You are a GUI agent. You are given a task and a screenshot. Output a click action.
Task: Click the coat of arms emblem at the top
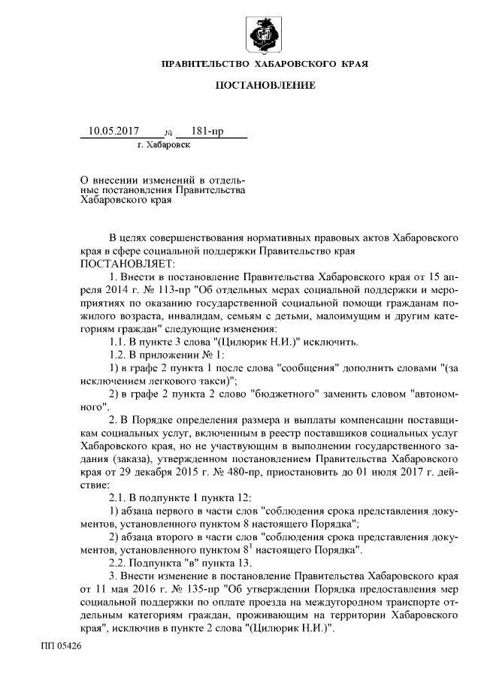(265, 35)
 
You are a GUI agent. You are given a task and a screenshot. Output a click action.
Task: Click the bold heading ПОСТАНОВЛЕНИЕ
(265, 86)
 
